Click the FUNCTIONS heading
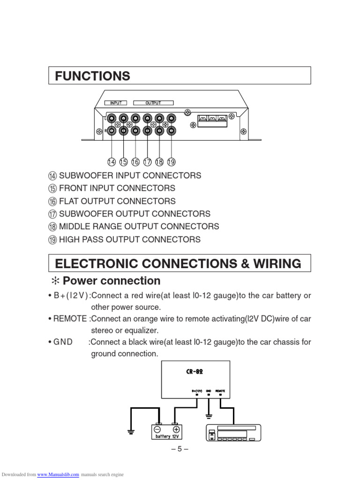coord(92,76)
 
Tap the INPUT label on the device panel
coord(116,103)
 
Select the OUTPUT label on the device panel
coord(153,103)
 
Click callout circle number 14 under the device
coord(111,162)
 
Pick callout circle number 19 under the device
coord(171,162)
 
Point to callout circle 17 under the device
coord(147,162)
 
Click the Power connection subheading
coord(111,281)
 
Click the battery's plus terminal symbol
coord(176,429)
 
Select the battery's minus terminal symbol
coord(158,429)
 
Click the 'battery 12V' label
coord(167,436)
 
